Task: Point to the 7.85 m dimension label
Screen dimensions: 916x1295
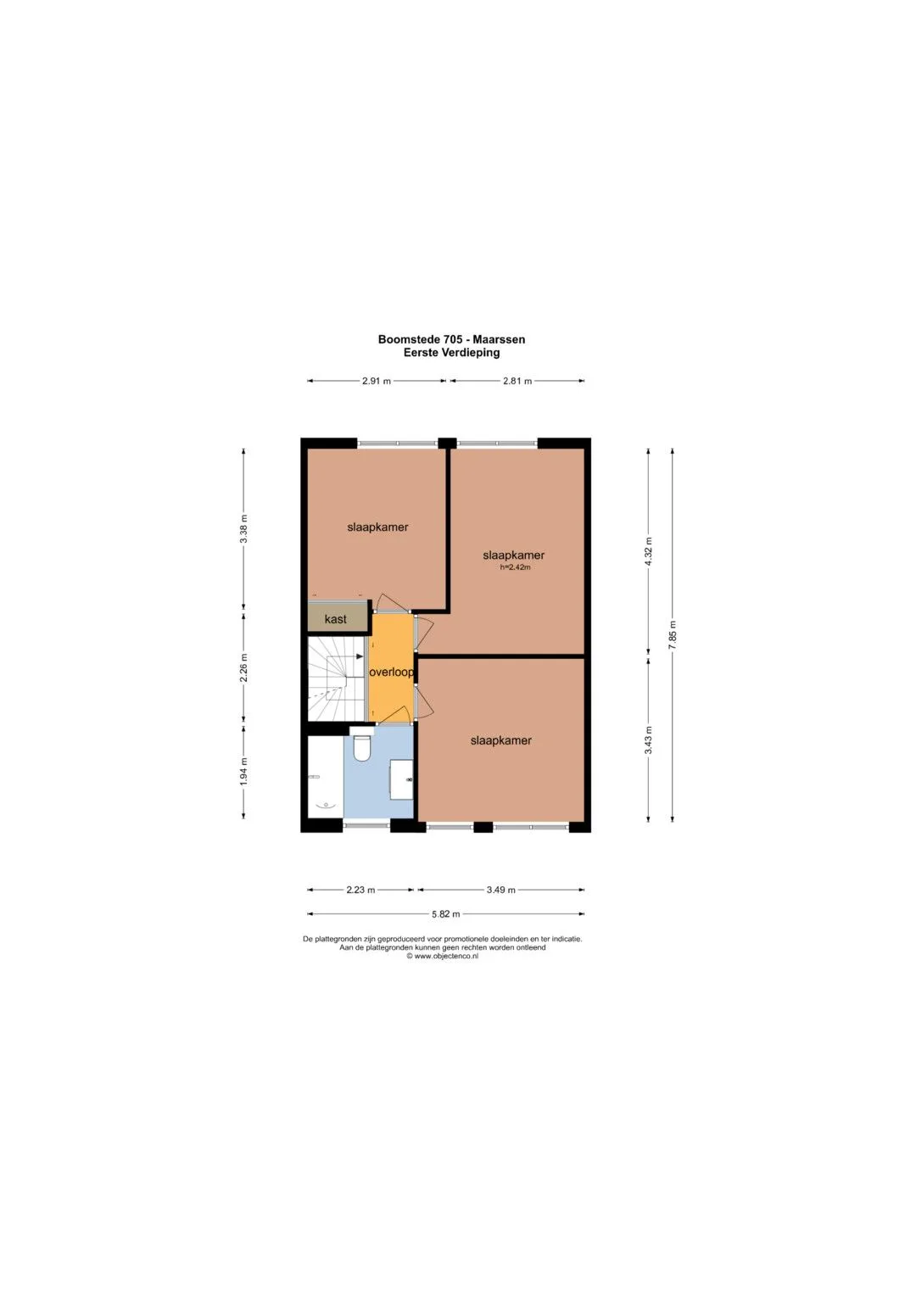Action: pyautogui.click(x=672, y=634)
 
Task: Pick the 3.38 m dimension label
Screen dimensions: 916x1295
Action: pyautogui.click(x=243, y=528)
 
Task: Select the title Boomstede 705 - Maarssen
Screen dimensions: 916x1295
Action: pyautogui.click(x=451, y=339)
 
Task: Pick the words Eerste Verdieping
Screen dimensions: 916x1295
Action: pyautogui.click(x=451, y=353)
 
